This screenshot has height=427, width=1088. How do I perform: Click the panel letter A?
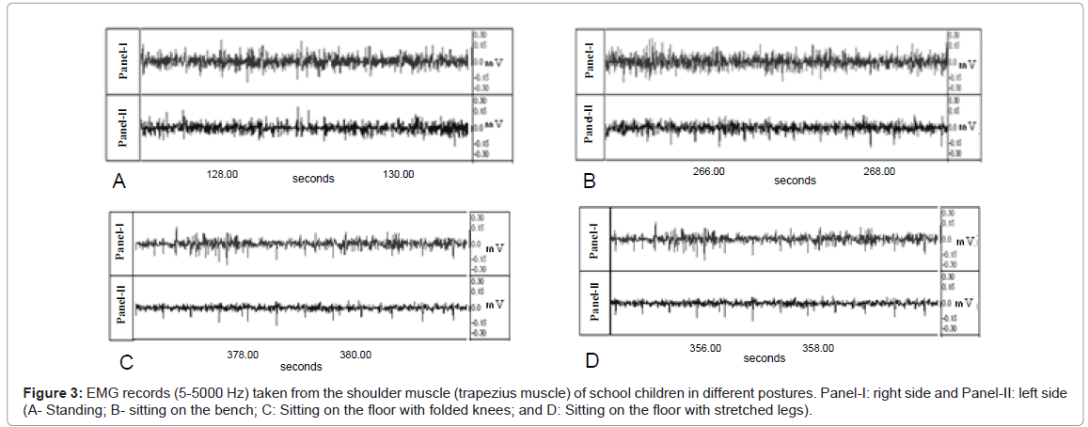point(118,182)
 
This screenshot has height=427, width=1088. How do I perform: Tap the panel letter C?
point(126,362)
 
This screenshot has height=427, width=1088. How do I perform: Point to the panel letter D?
point(592,360)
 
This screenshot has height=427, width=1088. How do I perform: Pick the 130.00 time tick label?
point(398,173)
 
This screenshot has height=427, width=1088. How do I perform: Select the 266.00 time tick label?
point(708,172)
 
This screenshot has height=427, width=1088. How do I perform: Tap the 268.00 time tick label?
point(879,172)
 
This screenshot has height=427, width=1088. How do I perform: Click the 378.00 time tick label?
point(243,355)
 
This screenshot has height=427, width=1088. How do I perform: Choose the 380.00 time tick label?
point(355,355)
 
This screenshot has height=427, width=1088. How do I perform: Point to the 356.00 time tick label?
point(705,348)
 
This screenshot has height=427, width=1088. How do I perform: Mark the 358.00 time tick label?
point(817,348)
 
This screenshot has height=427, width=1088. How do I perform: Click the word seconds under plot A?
point(313,179)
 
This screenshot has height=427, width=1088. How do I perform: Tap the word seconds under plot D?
point(764,358)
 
